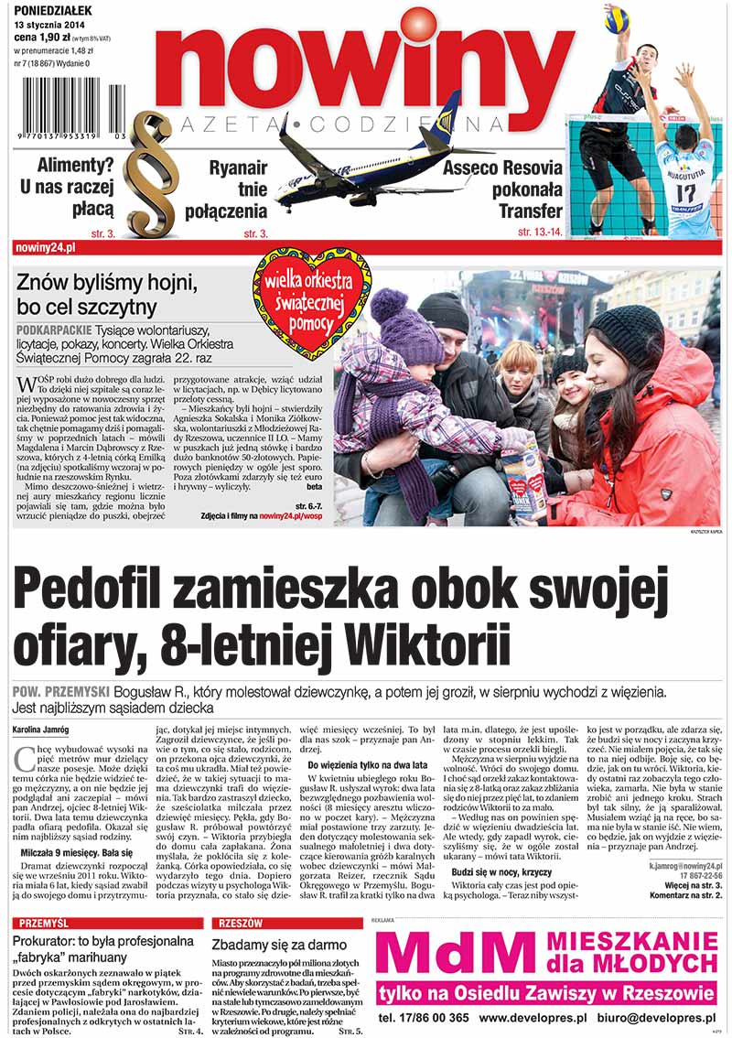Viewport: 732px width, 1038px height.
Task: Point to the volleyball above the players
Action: coord(617,18)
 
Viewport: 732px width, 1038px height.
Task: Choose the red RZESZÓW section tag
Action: coord(241,924)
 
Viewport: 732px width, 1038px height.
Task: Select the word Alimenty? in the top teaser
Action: coord(75,166)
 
